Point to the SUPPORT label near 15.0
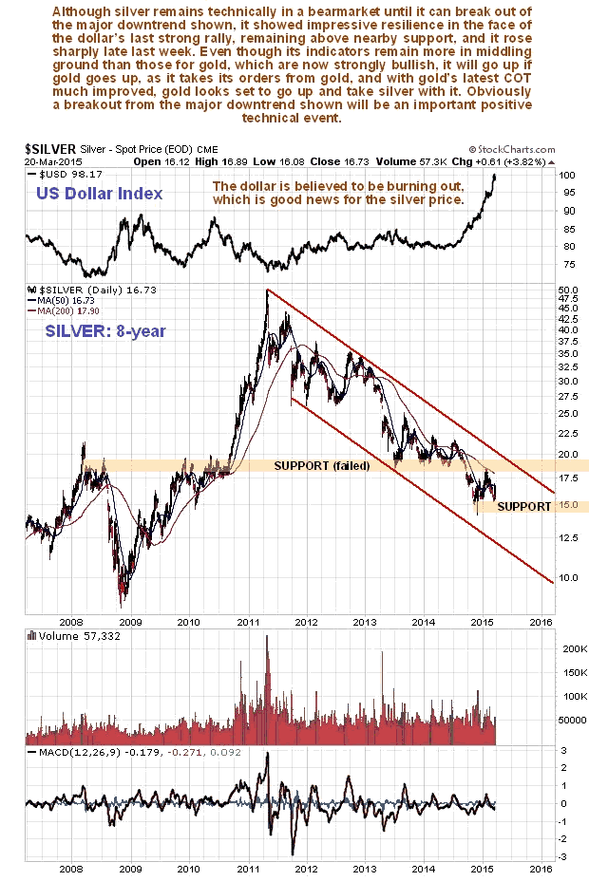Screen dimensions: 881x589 point(523,507)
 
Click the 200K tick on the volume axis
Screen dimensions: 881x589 point(570,649)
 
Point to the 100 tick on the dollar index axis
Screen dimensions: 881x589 point(566,176)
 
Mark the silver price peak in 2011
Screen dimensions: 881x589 point(268,290)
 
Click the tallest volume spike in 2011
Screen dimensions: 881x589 point(267,638)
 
